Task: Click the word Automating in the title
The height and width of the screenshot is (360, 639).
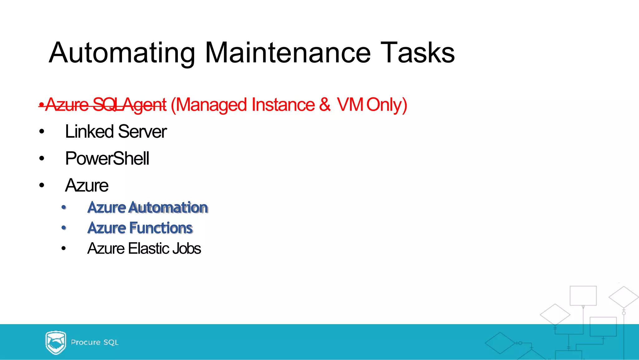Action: [x=122, y=53]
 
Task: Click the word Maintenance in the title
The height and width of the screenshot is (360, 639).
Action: [x=288, y=53]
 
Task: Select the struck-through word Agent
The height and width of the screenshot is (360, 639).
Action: [x=144, y=105]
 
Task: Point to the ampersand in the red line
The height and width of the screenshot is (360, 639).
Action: [x=324, y=105]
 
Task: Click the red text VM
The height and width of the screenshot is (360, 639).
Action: [x=349, y=105]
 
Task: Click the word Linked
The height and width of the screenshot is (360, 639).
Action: [x=89, y=131]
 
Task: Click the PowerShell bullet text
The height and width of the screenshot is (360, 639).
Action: [x=107, y=159]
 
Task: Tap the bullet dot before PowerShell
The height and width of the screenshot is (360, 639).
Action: [x=42, y=159]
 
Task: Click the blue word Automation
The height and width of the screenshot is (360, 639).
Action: [x=168, y=208]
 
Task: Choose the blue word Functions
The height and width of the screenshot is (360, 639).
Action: [x=161, y=228]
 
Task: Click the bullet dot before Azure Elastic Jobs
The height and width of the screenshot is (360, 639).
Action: [x=64, y=249]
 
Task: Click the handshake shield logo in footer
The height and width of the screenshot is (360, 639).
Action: [x=56, y=343]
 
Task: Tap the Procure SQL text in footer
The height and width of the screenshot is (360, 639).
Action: [x=95, y=343]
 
